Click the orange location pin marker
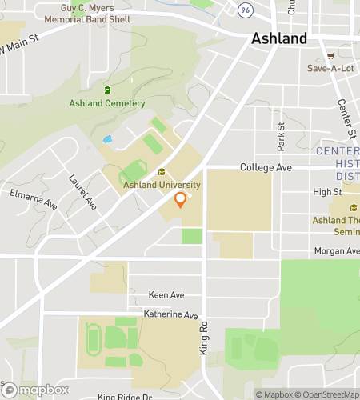[x=181, y=199]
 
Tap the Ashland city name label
[x=278, y=38]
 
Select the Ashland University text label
[x=162, y=185]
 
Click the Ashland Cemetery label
[x=108, y=103]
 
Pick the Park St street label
[x=281, y=137]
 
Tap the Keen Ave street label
[x=166, y=294]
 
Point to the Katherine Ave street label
[x=170, y=315]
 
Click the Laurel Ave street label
[x=83, y=194]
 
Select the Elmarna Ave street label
[x=34, y=198]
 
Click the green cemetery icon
[x=108, y=89]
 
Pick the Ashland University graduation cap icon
[x=162, y=171]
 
